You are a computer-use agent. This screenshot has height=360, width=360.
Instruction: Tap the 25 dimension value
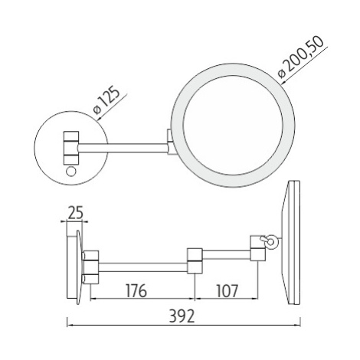[x=75, y=212]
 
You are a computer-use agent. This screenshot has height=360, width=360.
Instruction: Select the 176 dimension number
[x=136, y=290]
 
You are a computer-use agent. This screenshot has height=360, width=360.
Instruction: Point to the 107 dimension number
[x=227, y=290]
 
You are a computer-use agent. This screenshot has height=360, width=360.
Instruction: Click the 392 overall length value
[x=182, y=316]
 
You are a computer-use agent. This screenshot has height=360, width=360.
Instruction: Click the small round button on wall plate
[x=70, y=171]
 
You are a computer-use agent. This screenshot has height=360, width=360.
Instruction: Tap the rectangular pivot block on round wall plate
[x=71, y=147]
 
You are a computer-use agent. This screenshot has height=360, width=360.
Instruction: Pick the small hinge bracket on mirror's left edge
[x=170, y=142]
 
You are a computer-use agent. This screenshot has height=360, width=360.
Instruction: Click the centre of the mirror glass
[x=233, y=125]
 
